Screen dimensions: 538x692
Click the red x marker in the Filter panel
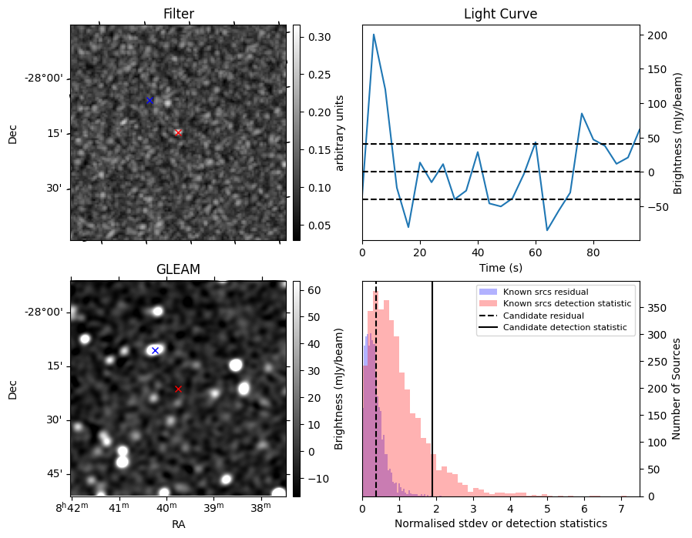178,132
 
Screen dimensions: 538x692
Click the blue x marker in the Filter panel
149,100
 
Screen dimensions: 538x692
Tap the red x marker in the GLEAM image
178,389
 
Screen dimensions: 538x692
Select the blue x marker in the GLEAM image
155,350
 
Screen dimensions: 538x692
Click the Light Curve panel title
500,15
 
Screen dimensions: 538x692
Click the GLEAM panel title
178,269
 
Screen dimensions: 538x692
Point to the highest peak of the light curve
374,34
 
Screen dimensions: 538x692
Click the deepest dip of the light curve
547,230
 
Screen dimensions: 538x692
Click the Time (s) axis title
500,266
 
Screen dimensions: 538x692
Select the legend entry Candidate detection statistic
566,328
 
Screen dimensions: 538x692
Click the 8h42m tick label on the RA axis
74,508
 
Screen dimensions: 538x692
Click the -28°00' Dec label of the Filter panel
43,79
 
